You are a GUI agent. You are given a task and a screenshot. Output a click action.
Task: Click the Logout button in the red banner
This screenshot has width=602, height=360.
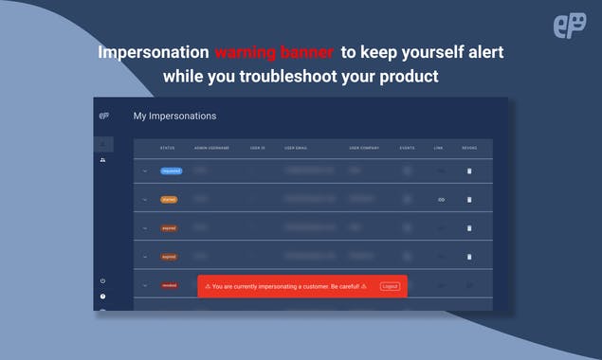(x=390, y=285)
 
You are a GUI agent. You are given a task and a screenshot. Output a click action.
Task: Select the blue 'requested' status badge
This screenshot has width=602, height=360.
(x=171, y=171)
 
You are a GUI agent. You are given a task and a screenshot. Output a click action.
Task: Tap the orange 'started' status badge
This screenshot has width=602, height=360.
(x=169, y=200)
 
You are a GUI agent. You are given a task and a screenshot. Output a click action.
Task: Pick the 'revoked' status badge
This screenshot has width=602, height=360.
(x=169, y=284)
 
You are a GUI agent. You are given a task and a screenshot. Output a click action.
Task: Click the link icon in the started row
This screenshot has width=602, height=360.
(x=441, y=200)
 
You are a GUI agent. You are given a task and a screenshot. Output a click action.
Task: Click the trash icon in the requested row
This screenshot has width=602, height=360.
(x=468, y=171)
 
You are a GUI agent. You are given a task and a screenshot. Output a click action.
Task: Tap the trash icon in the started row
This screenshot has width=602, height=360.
(x=468, y=200)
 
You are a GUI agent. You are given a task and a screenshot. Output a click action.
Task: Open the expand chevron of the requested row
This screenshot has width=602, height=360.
(x=145, y=171)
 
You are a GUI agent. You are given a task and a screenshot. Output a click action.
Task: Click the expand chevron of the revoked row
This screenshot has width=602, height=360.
(x=145, y=284)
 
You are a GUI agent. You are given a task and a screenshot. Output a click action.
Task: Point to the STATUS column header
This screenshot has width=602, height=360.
(x=167, y=148)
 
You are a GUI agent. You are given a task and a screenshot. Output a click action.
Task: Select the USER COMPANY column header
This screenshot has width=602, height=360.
(x=365, y=148)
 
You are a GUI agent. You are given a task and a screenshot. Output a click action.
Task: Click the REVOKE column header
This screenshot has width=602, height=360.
(x=469, y=148)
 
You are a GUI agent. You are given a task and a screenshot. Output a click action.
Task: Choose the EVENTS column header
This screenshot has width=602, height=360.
(x=407, y=148)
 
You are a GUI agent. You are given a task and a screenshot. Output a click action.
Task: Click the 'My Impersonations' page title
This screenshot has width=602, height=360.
(x=174, y=117)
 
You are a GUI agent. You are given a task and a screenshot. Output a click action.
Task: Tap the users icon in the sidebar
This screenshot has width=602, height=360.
(x=102, y=161)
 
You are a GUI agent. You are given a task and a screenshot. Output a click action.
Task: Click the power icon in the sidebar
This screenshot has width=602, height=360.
(x=102, y=280)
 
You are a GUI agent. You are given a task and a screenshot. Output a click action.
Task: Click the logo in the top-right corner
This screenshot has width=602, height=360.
(x=569, y=27)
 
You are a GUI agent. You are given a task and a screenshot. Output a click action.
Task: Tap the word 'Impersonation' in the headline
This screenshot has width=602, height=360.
(x=153, y=53)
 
